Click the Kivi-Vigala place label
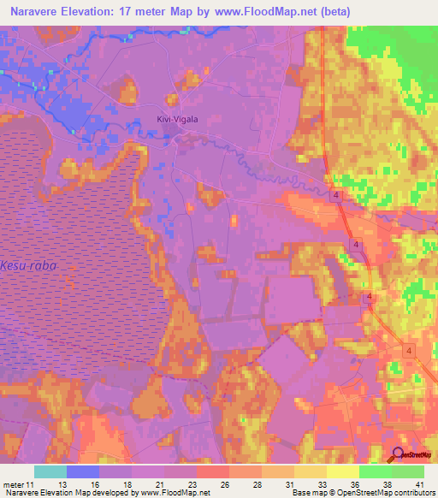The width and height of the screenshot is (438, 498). coord(177,120)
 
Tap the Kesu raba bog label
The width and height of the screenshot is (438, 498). coord(28,266)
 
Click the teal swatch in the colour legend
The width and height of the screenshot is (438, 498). coord(50,471)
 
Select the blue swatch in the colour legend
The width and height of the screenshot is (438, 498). coord(83,471)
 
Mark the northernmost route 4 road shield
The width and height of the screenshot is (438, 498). coord(338,197)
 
